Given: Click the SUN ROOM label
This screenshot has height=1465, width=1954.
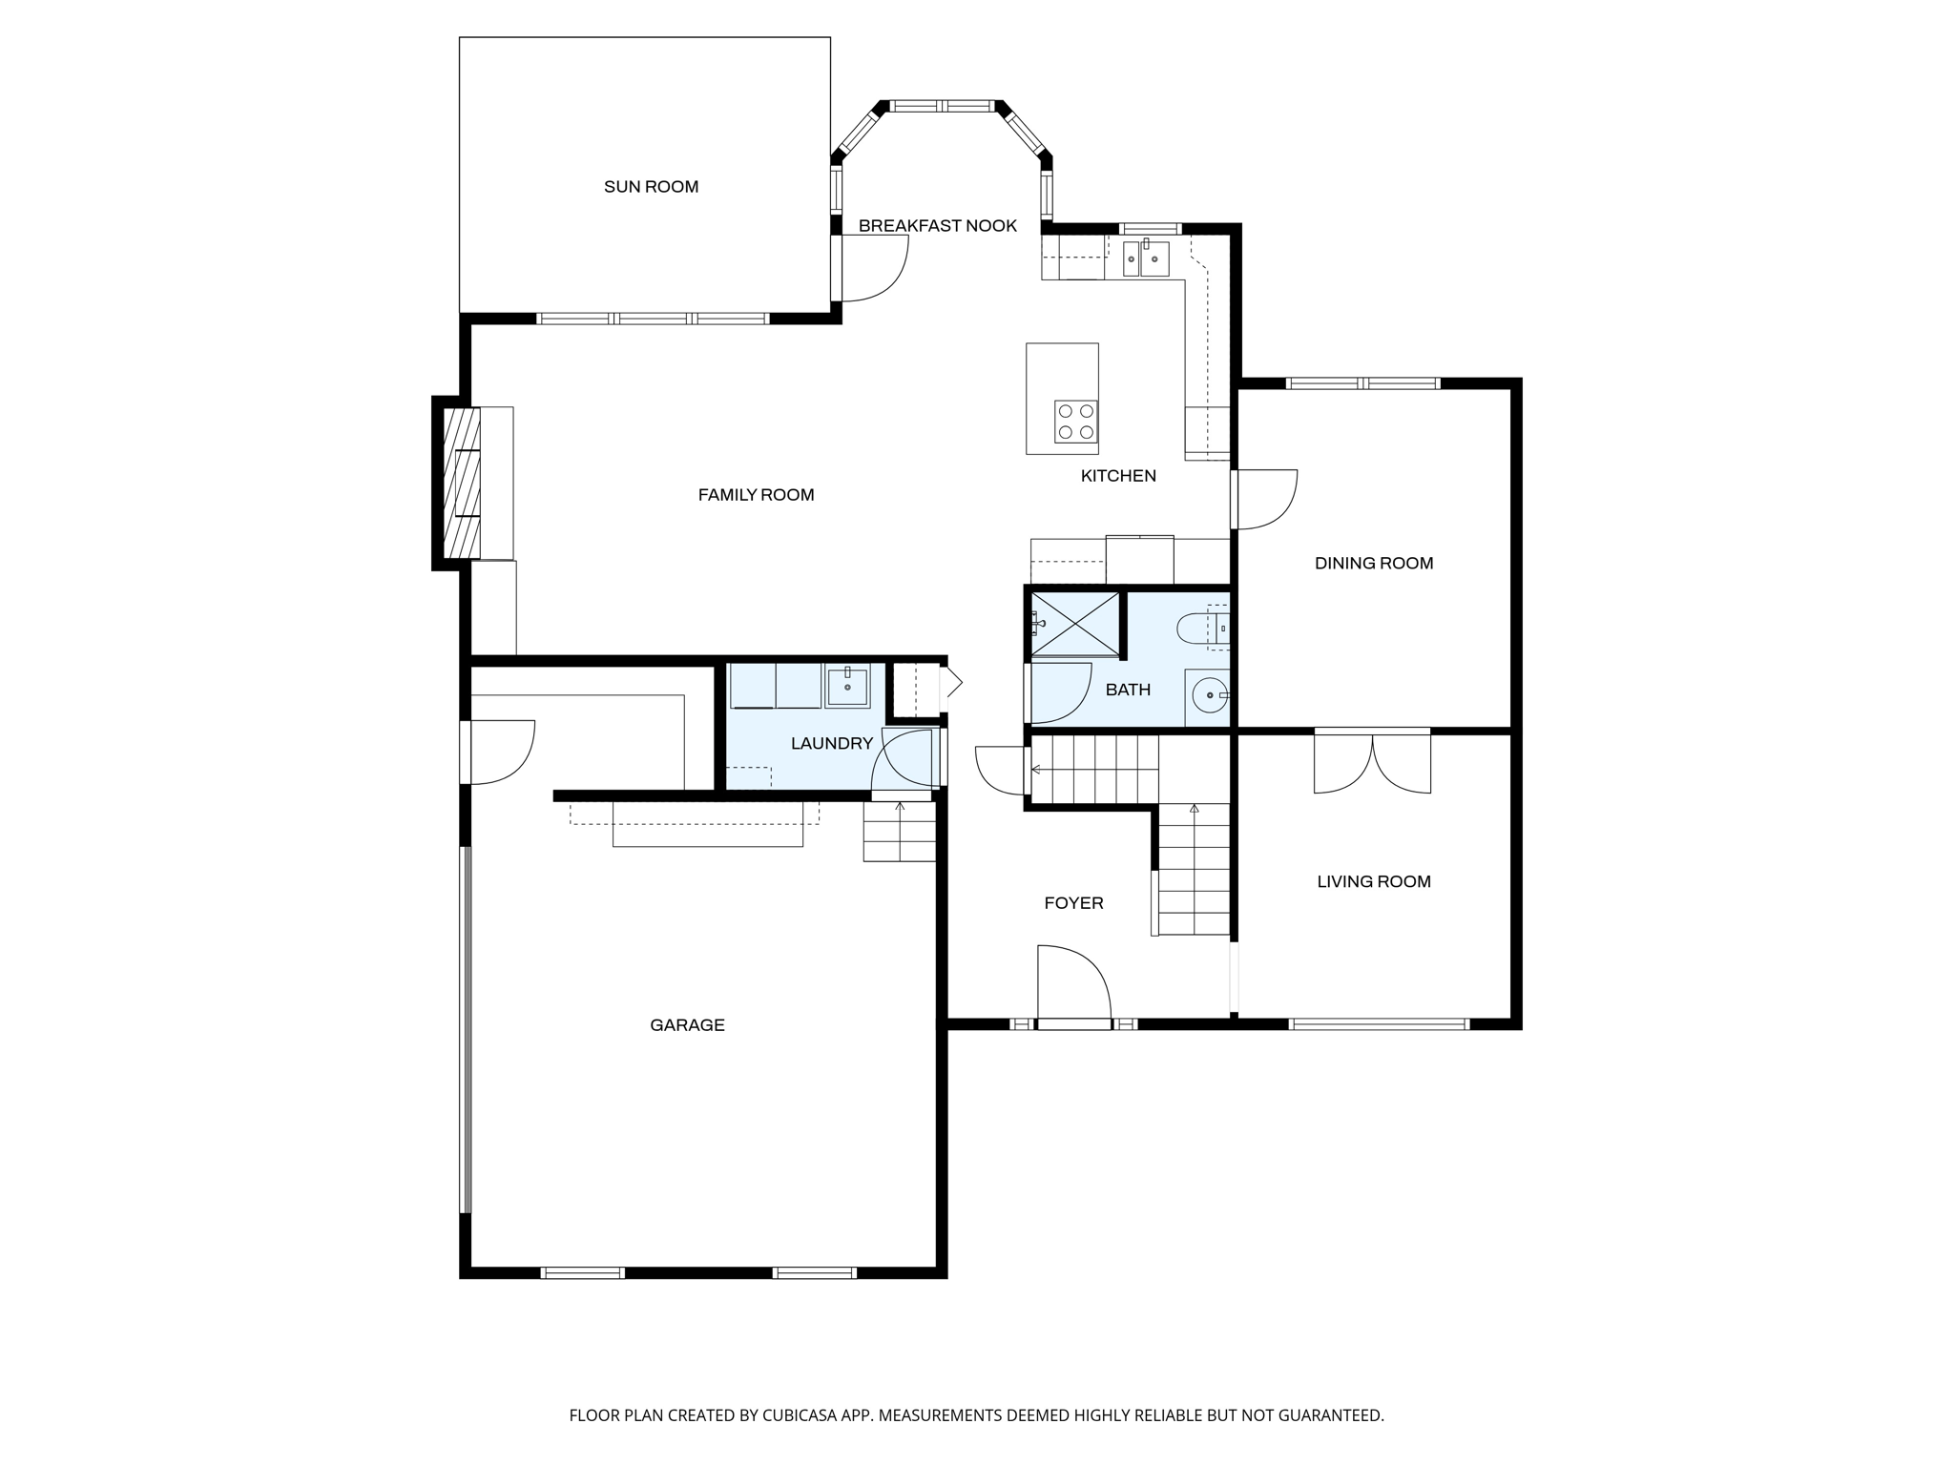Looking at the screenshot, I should (651, 187).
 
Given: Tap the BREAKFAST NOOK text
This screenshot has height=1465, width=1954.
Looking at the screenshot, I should (937, 226).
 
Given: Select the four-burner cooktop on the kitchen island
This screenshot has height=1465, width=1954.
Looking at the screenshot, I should (1075, 422).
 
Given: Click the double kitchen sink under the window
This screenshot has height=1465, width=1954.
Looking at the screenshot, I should (1145, 258).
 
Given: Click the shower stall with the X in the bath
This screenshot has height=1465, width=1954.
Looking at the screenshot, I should (1075, 624).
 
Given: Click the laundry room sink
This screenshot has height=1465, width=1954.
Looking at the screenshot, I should (847, 686).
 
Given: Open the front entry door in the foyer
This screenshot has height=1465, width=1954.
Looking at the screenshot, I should (1074, 987).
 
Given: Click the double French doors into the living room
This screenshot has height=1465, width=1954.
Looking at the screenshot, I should (1372, 763).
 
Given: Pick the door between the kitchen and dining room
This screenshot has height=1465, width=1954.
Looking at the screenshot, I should (1264, 499).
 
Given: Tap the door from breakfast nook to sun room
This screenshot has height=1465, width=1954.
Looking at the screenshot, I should (873, 269).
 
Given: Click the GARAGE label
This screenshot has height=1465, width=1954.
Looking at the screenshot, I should (687, 1025).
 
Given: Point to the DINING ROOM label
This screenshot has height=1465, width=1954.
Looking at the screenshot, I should (1373, 564).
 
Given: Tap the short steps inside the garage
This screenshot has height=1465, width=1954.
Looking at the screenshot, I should (899, 832).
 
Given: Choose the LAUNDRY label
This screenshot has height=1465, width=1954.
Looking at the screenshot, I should (831, 744).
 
